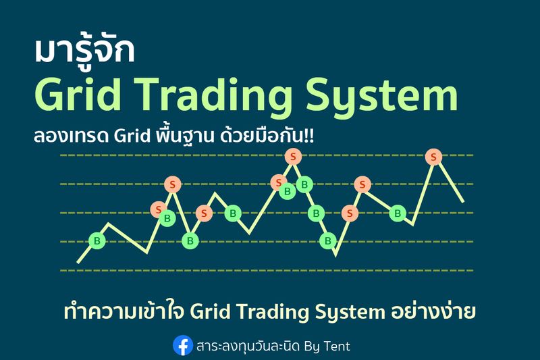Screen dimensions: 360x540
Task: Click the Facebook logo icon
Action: point(182,346)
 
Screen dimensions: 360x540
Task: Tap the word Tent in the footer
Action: point(335,346)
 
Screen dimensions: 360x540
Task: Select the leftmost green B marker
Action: point(97,241)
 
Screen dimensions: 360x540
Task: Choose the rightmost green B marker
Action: point(398,213)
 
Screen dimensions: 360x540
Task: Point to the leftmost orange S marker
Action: point(159,209)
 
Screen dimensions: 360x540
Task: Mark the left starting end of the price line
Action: point(78,261)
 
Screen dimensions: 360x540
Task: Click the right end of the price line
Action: point(463,201)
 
